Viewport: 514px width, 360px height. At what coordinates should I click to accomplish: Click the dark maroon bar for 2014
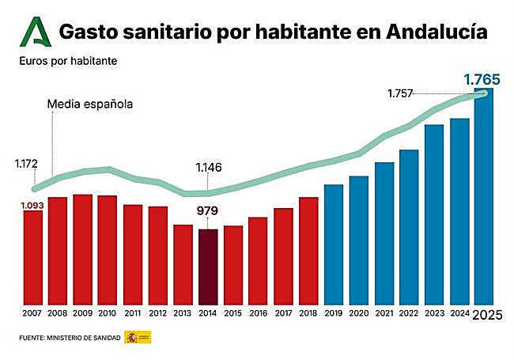(x=208, y=267)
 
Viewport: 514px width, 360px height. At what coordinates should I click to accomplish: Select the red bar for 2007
(x=33, y=258)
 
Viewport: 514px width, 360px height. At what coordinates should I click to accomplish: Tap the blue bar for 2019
(x=334, y=244)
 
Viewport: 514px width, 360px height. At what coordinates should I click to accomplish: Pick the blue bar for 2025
(x=484, y=198)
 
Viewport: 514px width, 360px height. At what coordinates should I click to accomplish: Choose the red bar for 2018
(x=308, y=251)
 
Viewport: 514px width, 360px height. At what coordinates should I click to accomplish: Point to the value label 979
(x=208, y=211)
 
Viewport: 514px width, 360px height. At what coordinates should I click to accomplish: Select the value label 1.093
(x=32, y=205)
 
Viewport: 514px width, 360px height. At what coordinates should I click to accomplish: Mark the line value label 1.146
(x=209, y=168)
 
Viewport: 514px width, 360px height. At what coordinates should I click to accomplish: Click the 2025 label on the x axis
(x=486, y=315)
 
